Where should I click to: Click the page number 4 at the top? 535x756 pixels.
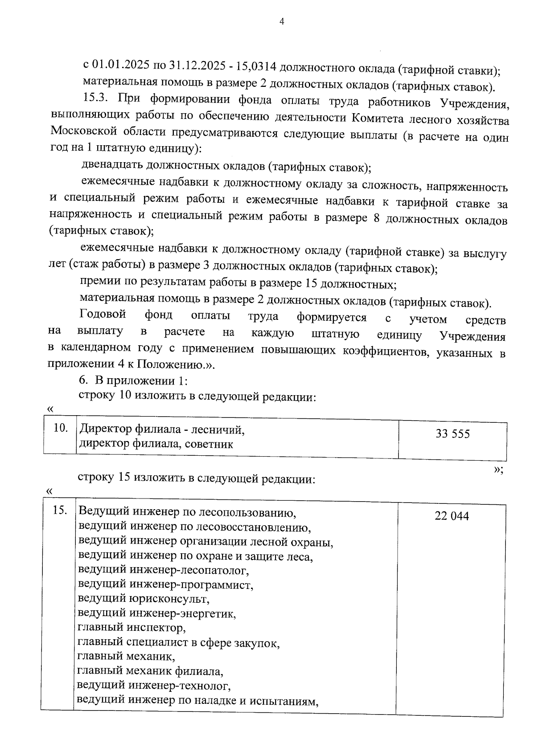point(281,22)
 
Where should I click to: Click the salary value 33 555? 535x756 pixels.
point(453,434)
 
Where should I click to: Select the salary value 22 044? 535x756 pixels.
point(452,516)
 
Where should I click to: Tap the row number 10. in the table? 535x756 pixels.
point(60,429)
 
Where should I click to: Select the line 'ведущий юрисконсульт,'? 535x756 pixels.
point(143,599)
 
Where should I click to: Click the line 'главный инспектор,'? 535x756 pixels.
point(132,628)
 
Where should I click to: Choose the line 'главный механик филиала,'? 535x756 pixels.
point(150,671)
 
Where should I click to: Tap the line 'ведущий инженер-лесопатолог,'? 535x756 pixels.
point(163,570)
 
